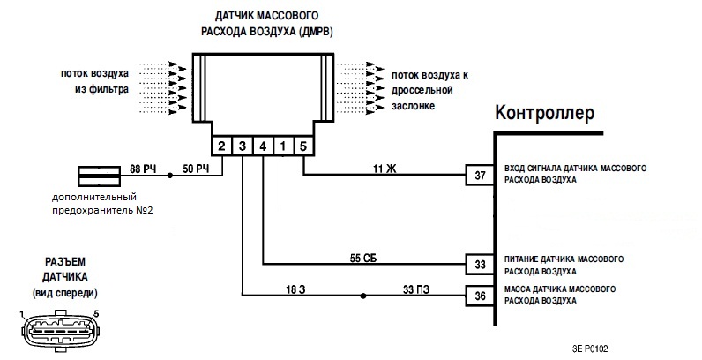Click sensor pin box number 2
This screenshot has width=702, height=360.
point(222,145)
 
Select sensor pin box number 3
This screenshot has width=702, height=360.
point(243,145)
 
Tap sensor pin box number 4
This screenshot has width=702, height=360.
point(263,145)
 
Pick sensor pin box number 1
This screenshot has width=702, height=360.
point(283,145)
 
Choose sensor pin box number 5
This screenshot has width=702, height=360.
point(303,145)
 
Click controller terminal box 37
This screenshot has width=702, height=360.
point(480,175)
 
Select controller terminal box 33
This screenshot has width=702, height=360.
point(480,263)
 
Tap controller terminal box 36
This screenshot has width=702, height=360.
point(480,296)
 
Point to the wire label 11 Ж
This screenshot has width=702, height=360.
point(385,168)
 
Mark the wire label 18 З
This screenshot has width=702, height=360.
point(297,289)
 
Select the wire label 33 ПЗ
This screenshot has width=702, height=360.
point(416,289)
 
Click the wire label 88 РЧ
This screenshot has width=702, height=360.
point(142,168)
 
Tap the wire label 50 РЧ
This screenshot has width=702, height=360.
point(195,168)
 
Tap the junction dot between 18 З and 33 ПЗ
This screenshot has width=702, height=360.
point(360,296)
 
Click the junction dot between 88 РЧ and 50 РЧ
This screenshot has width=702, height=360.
point(169,175)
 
